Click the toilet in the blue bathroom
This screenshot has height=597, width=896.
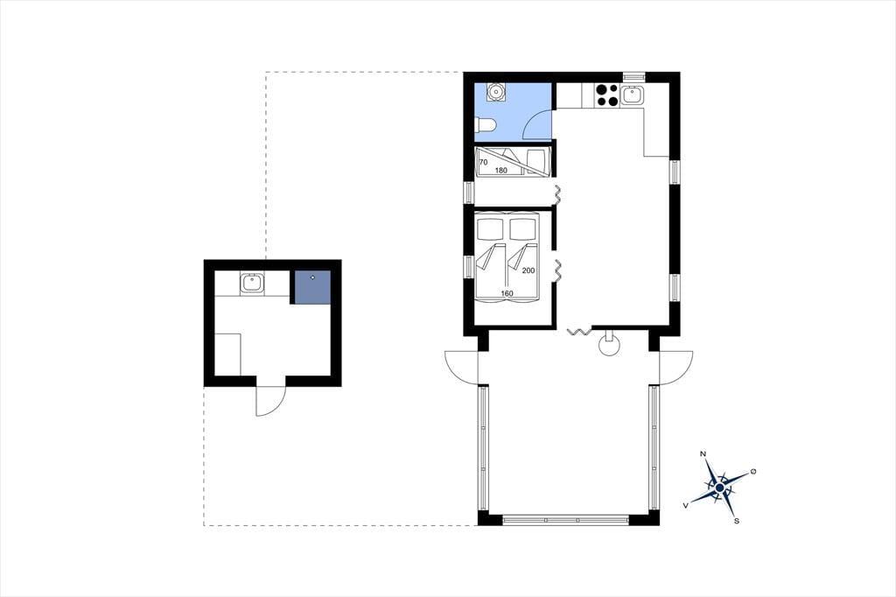pyautogui.click(x=483, y=126)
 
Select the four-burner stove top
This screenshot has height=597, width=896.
pyautogui.click(x=606, y=95)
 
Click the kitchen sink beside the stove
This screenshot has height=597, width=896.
pyautogui.click(x=632, y=95)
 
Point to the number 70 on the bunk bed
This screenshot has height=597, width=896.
pyautogui.click(x=483, y=163)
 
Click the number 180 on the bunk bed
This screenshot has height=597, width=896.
pyautogui.click(x=501, y=171)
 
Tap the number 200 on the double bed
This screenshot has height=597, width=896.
pyautogui.click(x=528, y=270)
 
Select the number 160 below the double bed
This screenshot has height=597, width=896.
pyautogui.click(x=507, y=293)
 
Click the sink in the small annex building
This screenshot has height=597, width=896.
pyautogui.click(x=252, y=283)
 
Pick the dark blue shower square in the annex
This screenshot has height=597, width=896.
pyautogui.click(x=312, y=287)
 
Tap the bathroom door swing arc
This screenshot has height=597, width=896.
pyautogui.click(x=535, y=123)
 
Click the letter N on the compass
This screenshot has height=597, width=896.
pyautogui.click(x=703, y=454)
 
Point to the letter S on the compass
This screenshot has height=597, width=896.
pyautogui.click(x=737, y=521)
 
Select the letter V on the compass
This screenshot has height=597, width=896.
pyautogui.click(x=686, y=505)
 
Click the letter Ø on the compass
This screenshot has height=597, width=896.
pyautogui.click(x=753, y=471)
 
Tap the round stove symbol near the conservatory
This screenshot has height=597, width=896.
pyautogui.click(x=609, y=344)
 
